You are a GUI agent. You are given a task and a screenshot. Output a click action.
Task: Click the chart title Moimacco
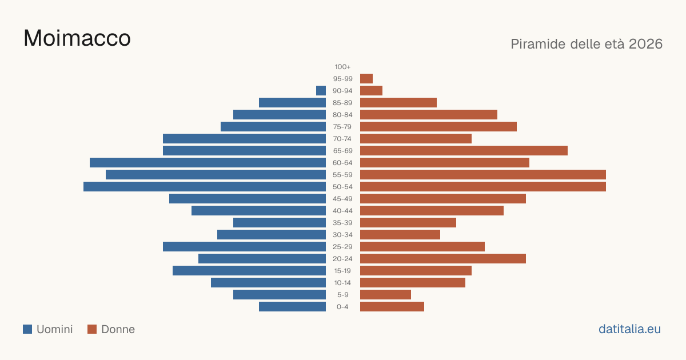tap(77, 38)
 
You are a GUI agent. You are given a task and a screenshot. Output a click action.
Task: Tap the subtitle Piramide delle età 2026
tap(587, 44)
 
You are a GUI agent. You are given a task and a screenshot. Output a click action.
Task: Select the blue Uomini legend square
tap(27, 329)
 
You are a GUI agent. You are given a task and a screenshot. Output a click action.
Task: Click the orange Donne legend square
tap(92, 329)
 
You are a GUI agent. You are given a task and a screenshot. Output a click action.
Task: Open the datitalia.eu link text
tap(629, 329)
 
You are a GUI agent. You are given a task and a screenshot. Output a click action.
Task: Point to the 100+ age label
tap(342, 67)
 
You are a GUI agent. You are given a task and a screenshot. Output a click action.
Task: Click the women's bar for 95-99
tap(366, 79)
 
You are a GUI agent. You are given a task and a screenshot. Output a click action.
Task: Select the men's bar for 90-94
tap(321, 91)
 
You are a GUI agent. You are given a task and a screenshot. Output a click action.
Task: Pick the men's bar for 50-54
tap(205, 187)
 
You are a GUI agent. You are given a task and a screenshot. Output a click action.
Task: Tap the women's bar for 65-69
tap(464, 151)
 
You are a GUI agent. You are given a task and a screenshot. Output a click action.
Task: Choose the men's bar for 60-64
tap(208, 162)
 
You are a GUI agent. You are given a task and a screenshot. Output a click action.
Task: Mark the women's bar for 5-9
tap(385, 294)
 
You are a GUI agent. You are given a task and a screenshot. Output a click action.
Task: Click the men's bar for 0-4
tap(293, 307)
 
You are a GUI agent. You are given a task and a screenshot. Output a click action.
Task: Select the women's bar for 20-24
tap(443, 259)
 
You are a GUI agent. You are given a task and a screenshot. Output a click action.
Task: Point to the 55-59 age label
tap(342, 175)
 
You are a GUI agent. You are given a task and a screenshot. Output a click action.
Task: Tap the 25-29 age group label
tap(342, 247)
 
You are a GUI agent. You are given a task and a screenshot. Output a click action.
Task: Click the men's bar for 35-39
tap(280, 222)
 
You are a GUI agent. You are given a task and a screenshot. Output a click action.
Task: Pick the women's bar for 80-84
tap(429, 114)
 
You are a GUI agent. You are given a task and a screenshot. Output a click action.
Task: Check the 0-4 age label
tap(342, 307)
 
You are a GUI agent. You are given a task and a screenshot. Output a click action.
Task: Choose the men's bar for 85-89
tap(293, 102)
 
